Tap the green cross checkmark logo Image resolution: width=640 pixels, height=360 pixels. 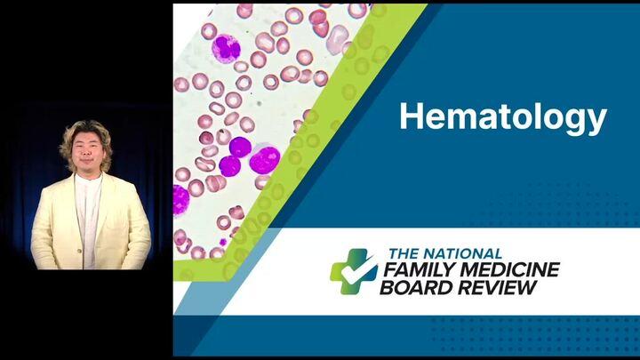click(354, 271)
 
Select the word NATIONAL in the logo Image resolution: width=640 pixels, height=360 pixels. click(462, 254)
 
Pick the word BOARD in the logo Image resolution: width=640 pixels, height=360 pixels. click(417, 287)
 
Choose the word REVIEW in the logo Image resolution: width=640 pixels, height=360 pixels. click(497, 287)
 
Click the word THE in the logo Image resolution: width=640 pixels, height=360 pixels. click(404, 254)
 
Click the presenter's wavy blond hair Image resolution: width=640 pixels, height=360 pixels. click(86, 130)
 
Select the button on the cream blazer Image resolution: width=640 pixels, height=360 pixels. click(80, 250)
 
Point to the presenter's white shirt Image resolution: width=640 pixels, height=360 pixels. click(87, 212)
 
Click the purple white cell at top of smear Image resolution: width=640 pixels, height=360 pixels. click(226, 49)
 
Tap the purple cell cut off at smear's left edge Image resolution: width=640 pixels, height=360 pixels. click(180, 200)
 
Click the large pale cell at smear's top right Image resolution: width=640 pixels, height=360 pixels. click(337, 40)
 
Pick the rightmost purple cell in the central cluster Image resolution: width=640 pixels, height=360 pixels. click(265, 160)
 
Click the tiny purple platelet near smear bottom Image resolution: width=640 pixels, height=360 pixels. click(223, 242)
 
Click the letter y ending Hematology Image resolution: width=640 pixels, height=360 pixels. click(596, 123)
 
